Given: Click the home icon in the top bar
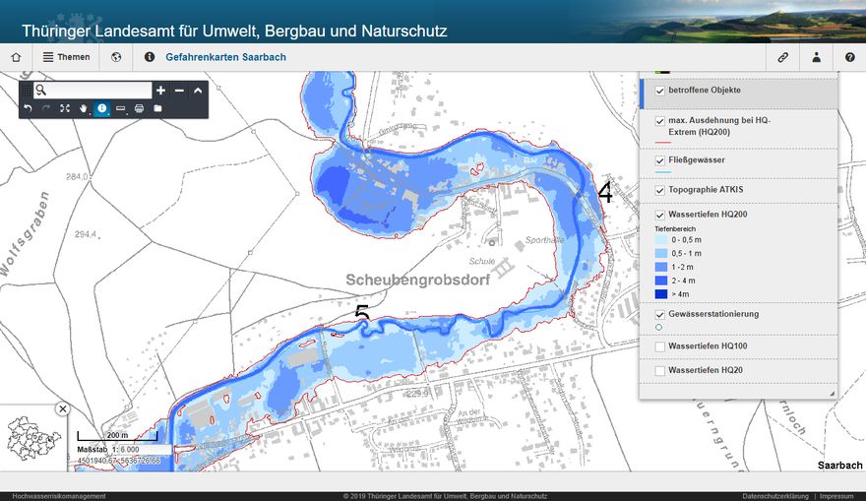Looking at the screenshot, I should [x=16, y=57].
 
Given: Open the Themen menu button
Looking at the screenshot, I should [x=66, y=57].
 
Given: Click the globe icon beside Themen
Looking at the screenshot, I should [x=116, y=57].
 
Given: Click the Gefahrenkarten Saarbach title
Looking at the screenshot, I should [x=225, y=57].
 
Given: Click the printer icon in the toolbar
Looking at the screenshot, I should [x=139, y=108].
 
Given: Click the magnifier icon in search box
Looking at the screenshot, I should [x=40, y=91].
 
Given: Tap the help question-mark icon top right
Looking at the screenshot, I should [x=849, y=57].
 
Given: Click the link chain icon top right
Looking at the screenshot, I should [x=783, y=57].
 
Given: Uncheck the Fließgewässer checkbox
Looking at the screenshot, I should [x=660, y=159].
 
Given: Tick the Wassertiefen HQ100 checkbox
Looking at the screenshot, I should [x=660, y=346].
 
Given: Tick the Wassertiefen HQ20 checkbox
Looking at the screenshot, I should [x=660, y=370].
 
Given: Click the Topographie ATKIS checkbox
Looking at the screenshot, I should [x=660, y=189].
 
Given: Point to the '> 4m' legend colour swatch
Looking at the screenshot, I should [x=661, y=293].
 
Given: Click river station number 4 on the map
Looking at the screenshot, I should [x=604, y=194].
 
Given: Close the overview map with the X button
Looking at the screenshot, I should [x=63, y=408].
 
